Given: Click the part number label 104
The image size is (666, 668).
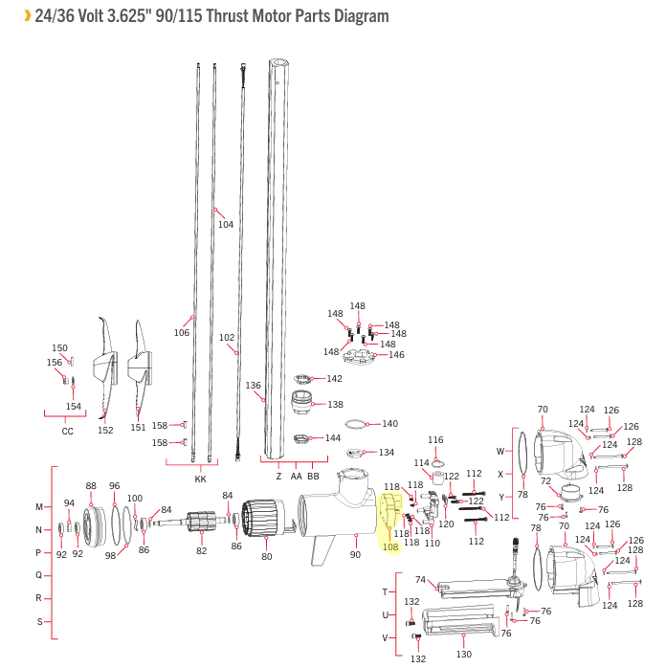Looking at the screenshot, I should pyautogui.click(x=225, y=225).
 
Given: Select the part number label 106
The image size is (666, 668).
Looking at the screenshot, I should pyautogui.click(x=182, y=333).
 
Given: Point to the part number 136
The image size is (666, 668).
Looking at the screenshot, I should pyautogui.click(x=254, y=386).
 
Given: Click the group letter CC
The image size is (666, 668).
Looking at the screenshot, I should pyautogui.click(x=67, y=431).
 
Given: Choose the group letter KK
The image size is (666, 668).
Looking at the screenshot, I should pyautogui.click(x=200, y=479).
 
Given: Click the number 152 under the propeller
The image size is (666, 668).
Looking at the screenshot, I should pyautogui.click(x=105, y=431).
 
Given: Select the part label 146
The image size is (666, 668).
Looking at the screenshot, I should pyautogui.click(x=396, y=355).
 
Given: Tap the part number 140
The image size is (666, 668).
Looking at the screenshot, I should pyautogui.click(x=389, y=423).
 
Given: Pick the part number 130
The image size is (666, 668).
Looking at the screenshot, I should pyautogui.click(x=463, y=655).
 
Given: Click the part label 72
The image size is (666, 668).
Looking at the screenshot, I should pyautogui.click(x=545, y=481).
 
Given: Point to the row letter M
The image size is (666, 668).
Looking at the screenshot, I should pyautogui.click(x=39, y=506).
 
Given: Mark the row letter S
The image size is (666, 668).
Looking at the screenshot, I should pyautogui.click(x=39, y=622).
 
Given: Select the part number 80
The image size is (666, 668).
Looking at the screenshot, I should pyautogui.click(x=267, y=556).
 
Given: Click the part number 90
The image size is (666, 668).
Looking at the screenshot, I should pyautogui.click(x=355, y=554).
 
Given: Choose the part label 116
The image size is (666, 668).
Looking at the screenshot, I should pyautogui.click(x=435, y=440).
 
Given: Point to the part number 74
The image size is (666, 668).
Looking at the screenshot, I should pyautogui.click(x=419, y=579).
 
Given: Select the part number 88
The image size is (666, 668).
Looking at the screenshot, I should pyautogui.click(x=91, y=485).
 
